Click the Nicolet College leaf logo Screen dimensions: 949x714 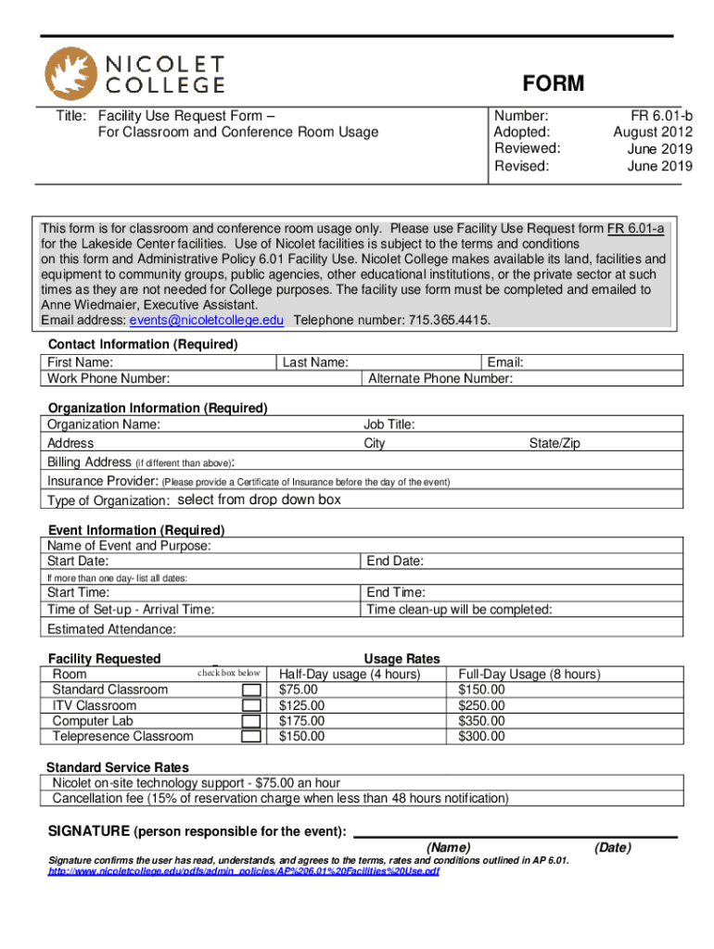pos(70,73)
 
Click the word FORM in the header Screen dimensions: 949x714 pos(553,84)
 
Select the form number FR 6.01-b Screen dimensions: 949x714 pos(661,116)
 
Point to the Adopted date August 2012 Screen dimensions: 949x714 pos(653,133)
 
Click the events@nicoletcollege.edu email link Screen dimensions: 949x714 pos(207,320)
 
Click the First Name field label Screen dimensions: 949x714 pos(81,362)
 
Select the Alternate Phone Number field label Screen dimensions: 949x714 pos(440,378)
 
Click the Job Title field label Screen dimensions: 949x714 pos(389,424)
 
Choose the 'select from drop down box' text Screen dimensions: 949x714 pos(259,500)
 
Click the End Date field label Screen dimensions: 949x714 pos(395,562)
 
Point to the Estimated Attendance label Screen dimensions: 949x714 pos(110,629)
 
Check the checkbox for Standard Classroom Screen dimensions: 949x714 pos(250,690)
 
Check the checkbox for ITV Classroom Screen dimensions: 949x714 pos(250,706)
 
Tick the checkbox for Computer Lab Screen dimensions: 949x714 pos(250,721)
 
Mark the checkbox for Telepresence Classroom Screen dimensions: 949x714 pos(250,737)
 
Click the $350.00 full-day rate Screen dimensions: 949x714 pos(481,721)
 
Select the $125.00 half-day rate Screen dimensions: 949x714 pos(302,706)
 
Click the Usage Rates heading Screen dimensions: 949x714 pos(402,659)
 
